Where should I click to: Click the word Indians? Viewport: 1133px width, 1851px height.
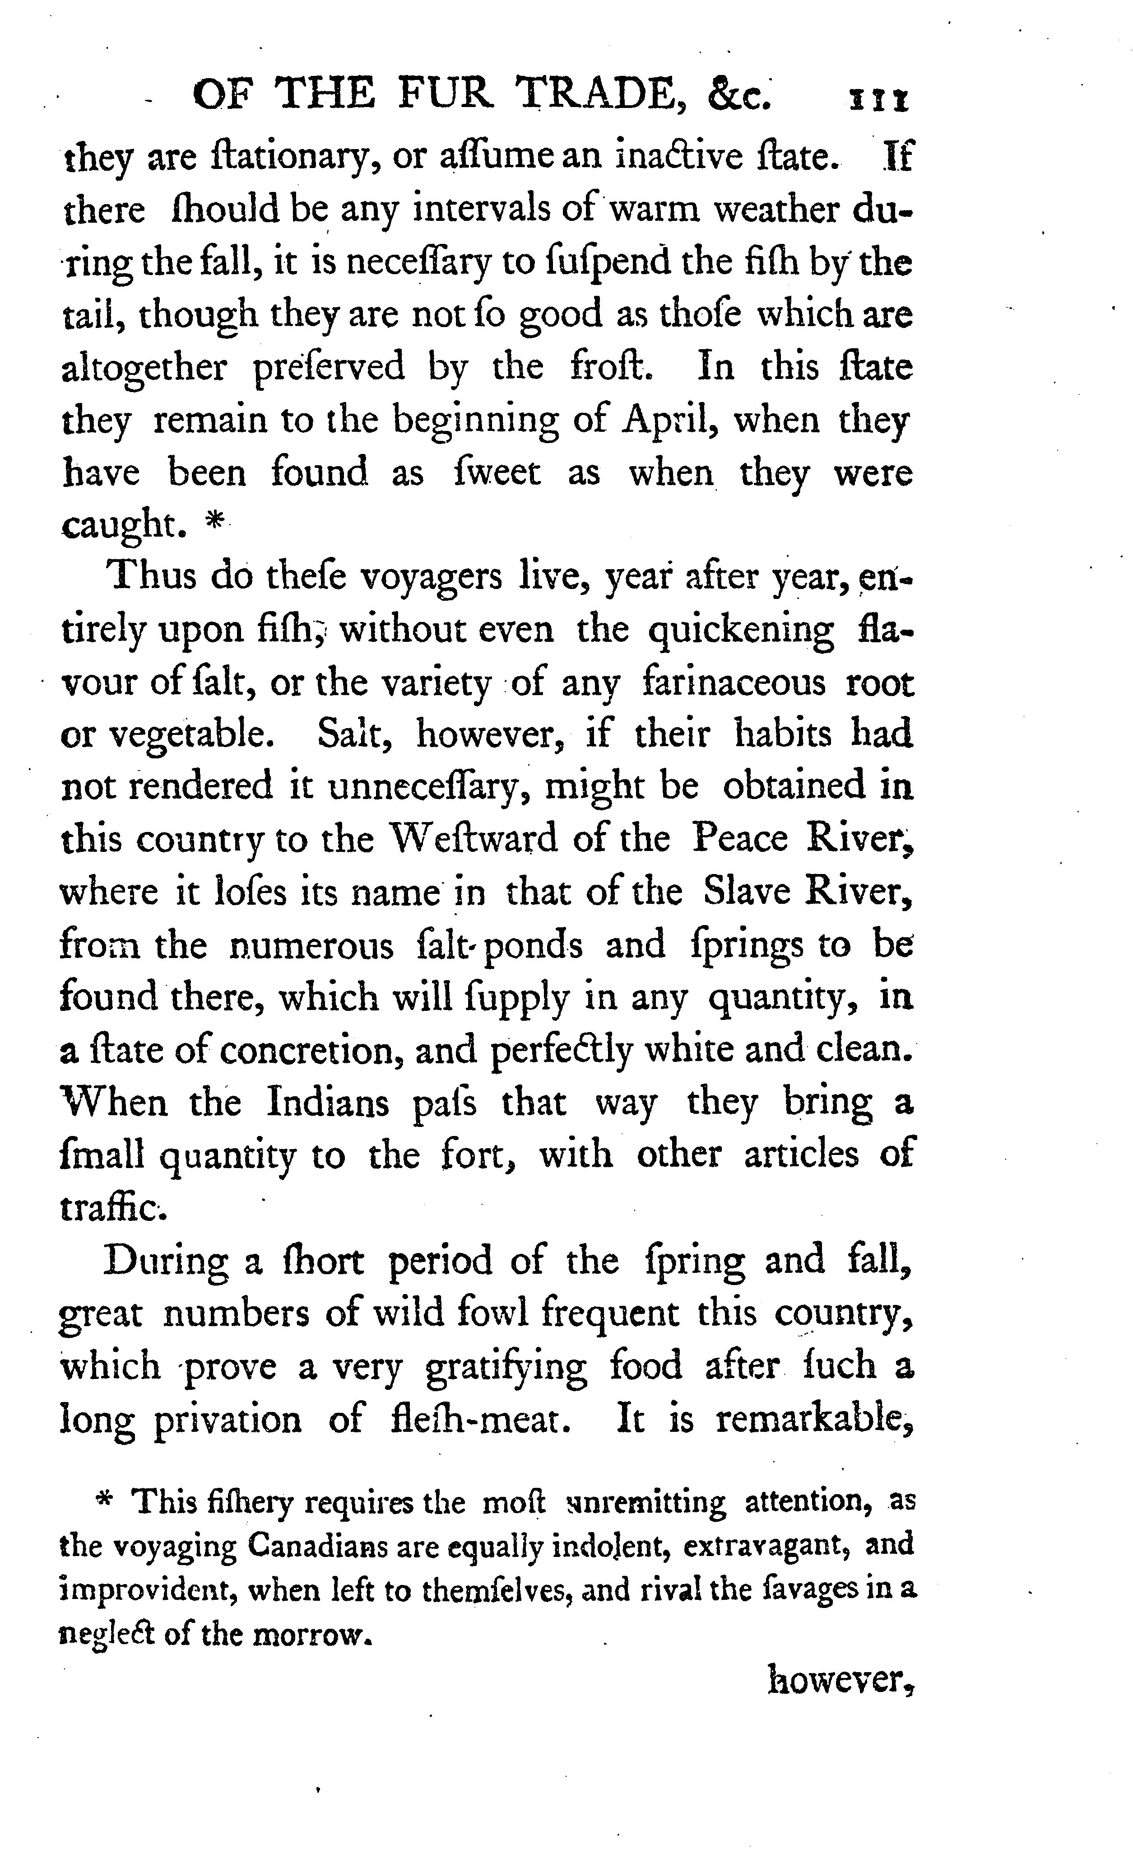click(328, 1102)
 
